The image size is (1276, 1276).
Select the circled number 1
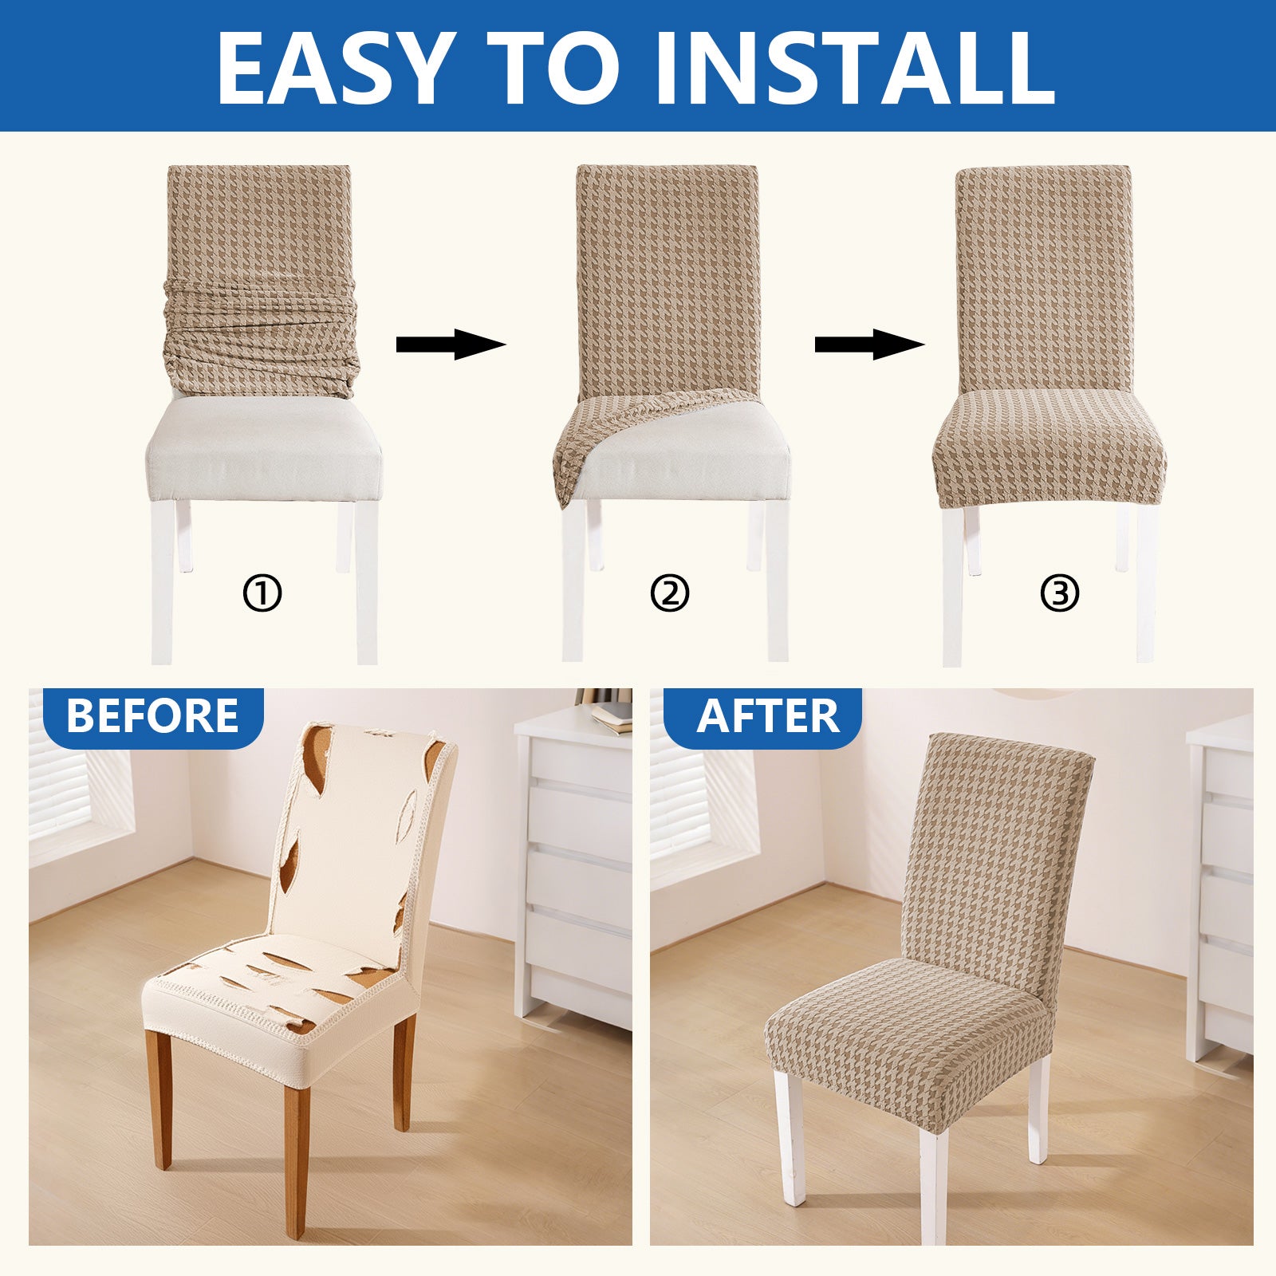click(x=262, y=594)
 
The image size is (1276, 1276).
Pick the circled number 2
click(x=669, y=594)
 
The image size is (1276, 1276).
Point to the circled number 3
click(x=1060, y=594)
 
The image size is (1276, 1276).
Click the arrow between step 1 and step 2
click(x=451, y=345)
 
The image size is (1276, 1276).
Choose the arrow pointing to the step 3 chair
click(x=868, y=345)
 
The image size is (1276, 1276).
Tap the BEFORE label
click(x=152, y=716)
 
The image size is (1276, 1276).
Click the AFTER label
click(x=767, y=716)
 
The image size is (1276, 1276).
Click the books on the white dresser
click(x=611, y=714)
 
